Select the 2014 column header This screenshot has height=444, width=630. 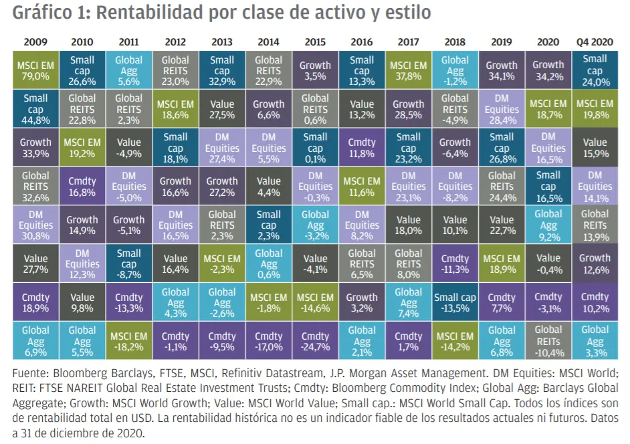tap(268, 41)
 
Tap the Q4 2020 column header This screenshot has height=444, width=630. tap(594, 41)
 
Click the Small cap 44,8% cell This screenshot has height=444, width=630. tap(35, 109)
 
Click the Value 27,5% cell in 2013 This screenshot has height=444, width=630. tap(222, 109)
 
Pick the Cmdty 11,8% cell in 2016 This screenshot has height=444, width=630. tap(362, 148)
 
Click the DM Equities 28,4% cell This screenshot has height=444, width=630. tap(502, 109)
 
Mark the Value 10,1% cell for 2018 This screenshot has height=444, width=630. tap(455, 225)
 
